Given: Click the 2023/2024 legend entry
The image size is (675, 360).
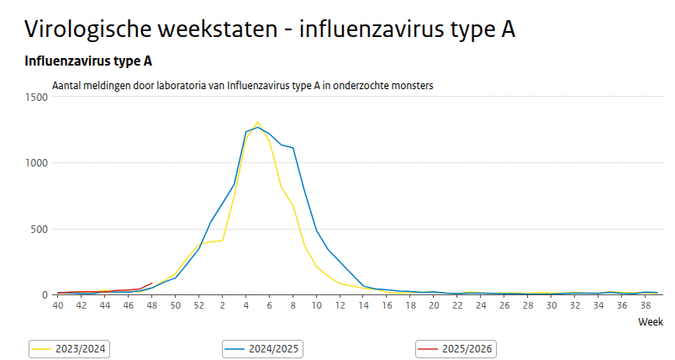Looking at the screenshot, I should coord(71,347).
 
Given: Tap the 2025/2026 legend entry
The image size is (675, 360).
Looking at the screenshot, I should coord(457,347).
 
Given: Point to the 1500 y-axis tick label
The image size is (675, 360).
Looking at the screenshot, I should coord(38,97).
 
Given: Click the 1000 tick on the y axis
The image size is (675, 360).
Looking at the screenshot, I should coord(38,162).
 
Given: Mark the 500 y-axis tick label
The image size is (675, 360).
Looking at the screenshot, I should coord(40,229).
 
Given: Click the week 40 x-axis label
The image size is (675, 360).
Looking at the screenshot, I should coord(58,305).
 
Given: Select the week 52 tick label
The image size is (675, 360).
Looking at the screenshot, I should coord(198,305).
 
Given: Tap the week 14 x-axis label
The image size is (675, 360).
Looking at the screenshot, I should coord(363,305).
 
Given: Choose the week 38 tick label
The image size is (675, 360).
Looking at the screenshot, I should coord(645,305).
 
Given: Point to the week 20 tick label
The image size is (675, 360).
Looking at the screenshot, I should coord(434,305).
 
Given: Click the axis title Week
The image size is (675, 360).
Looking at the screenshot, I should coord(650,322).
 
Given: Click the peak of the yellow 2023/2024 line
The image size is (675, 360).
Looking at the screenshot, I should coord(258,122).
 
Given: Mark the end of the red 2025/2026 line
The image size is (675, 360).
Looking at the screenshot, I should coord(151,283).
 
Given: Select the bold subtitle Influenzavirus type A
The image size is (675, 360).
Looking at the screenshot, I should coord(88,61).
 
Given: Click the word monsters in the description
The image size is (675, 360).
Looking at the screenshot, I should coord(412,85).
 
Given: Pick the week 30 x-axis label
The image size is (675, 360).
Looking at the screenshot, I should coord(551,305).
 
